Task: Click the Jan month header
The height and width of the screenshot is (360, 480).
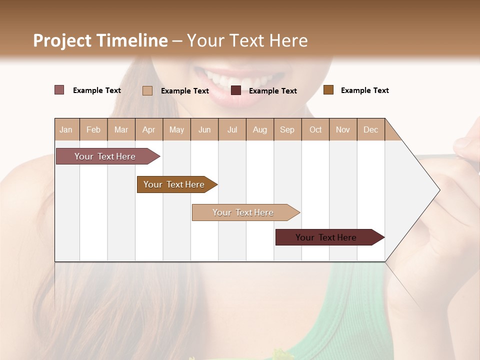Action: [66, 129]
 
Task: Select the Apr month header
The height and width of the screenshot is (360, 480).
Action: [149, 129]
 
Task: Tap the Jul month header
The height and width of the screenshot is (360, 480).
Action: [232, 129]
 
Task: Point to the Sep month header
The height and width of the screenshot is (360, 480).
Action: [287, 129]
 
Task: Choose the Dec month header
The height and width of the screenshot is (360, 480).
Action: [371, 129]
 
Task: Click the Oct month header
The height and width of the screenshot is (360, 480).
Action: [315, 129]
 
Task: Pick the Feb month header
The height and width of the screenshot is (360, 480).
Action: [93, 129]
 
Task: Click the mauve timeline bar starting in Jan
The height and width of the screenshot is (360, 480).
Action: [105, 156]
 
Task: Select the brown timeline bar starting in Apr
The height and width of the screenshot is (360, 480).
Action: [174, 184]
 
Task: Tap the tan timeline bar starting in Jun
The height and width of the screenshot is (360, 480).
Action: [243, 212]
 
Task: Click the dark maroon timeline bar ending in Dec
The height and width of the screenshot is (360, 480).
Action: [326, 237]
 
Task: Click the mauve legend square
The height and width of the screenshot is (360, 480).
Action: [59, 90]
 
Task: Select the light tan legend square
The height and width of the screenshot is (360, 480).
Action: [147, 90]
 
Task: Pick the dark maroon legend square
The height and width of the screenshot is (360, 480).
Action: [236, 90]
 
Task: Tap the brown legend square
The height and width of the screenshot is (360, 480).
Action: [328, 90]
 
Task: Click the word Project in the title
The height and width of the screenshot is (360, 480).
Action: [62, 40]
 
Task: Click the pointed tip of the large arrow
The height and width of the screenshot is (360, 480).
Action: [439, 189]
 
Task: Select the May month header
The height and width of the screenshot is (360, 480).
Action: [176, 129]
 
